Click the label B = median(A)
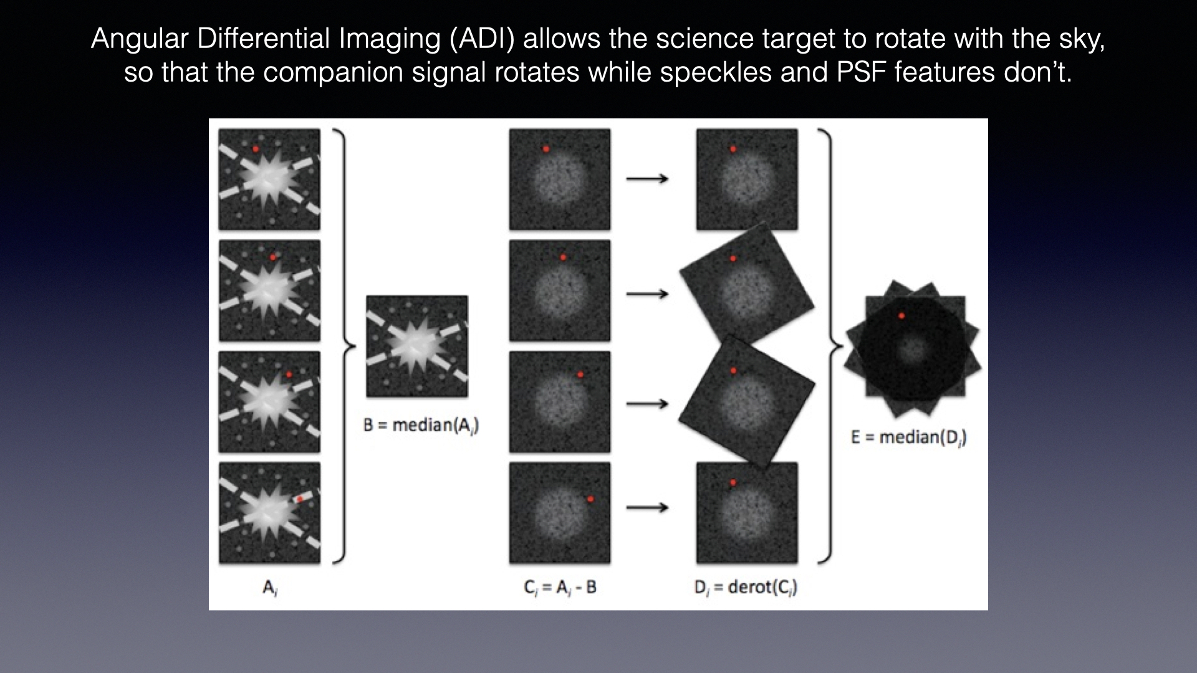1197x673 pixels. coord(421,426)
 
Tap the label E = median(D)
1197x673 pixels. coord(909,437)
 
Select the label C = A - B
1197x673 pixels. coord(560,588)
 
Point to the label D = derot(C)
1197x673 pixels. coord(746,588)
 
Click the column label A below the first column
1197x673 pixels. coord(270,588)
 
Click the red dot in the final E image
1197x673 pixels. coord(901,316)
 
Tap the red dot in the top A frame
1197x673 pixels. coord(256,149)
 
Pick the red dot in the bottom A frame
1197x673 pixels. coord(300,499)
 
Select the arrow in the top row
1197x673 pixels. coord(647,179)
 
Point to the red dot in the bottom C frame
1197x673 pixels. coord(590,499)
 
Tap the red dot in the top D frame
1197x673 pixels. coord(733,149)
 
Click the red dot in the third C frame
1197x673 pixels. coord(580,375)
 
